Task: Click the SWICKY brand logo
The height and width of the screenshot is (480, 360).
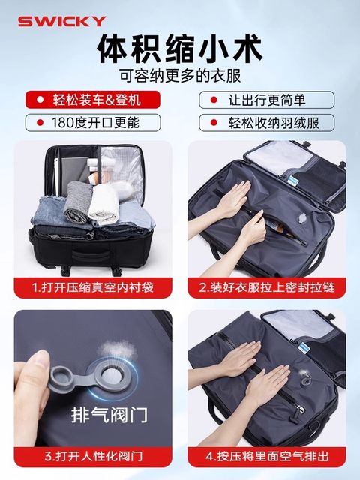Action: (61, 21)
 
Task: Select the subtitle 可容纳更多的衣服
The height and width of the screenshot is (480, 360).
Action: (180, 76)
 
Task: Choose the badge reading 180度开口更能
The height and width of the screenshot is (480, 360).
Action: (94, 122)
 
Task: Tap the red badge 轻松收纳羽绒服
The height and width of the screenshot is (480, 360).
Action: (265, 122)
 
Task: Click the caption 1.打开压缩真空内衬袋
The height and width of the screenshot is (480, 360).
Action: (93, 287)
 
